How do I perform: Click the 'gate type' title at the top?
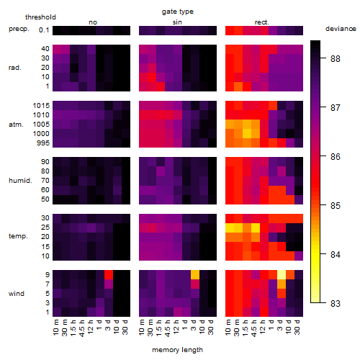pos(178,12)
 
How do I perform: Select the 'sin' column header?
pos(177,22)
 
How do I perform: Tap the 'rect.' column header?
pos(261,22)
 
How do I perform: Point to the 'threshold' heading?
pos(40,17)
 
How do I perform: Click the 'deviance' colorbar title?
pos(341,29)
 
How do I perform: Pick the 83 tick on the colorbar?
pos(336,303)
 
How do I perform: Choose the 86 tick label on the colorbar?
pos(336,156)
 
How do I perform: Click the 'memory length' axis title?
pos(177,350)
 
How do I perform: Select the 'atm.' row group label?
pos(16,125)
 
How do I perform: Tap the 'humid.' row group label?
pos(20,180)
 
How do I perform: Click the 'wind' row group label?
pos(17,294)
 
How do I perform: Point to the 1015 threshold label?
pos(41,105)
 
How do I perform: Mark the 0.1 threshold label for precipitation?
pos(44,30)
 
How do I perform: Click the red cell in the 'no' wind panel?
pos(109,274)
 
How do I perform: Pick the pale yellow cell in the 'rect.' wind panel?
pos(282,274)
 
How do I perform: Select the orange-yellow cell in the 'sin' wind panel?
pos(195,274)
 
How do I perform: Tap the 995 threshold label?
pos(43,143)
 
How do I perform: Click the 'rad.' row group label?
pos(15,68)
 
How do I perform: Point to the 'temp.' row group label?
pos(18,236)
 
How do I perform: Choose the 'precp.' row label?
pos(19,29)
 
